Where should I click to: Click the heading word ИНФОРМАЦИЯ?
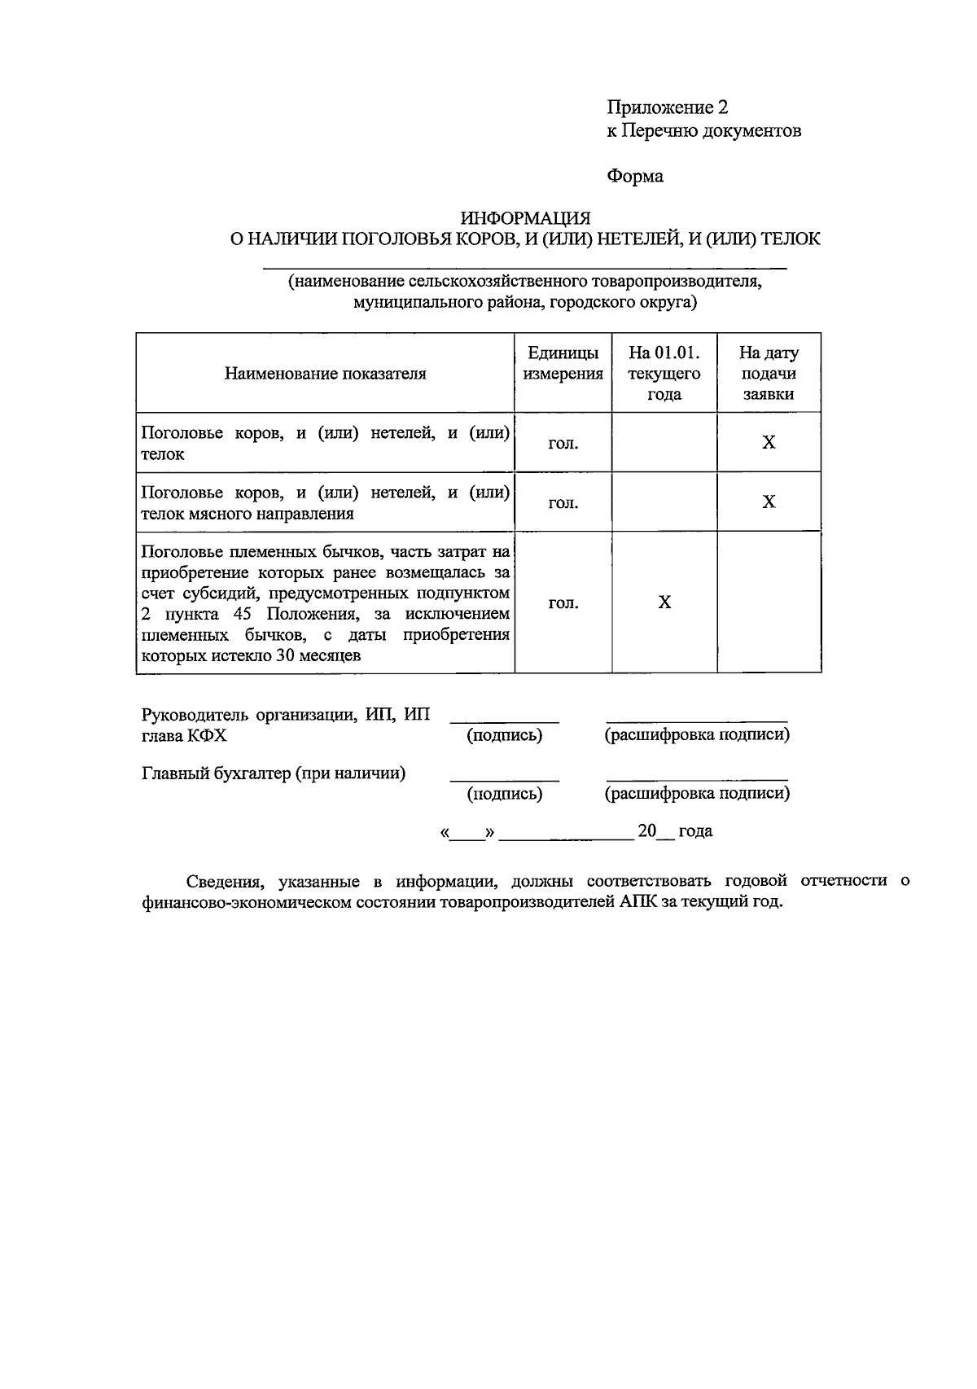(x=525, y=217)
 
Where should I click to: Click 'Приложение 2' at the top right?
(x=667, y=107)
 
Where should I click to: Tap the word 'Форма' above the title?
(x=635, y=176)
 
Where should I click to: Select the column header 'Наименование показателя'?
(x=325, y=374)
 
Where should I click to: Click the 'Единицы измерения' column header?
(x=563, y=363)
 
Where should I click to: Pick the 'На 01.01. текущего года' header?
(x=664, y=374)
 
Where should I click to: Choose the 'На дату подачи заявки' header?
(x=768, y=374)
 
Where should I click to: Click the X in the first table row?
(x=768, y=442)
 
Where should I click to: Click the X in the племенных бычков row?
(x=664, y=602)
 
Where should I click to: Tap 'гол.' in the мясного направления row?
(x=563, y=503)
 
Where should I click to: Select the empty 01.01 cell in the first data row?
(x=664, y=442)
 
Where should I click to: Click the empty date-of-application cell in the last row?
(x=768, y=602)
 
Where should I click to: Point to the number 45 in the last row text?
(x=242, y=614)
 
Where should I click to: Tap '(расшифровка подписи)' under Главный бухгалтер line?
(x=697, y=793)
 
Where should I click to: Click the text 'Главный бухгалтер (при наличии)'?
(x=274, y=773)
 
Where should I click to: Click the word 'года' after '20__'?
(x=695, y=831)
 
